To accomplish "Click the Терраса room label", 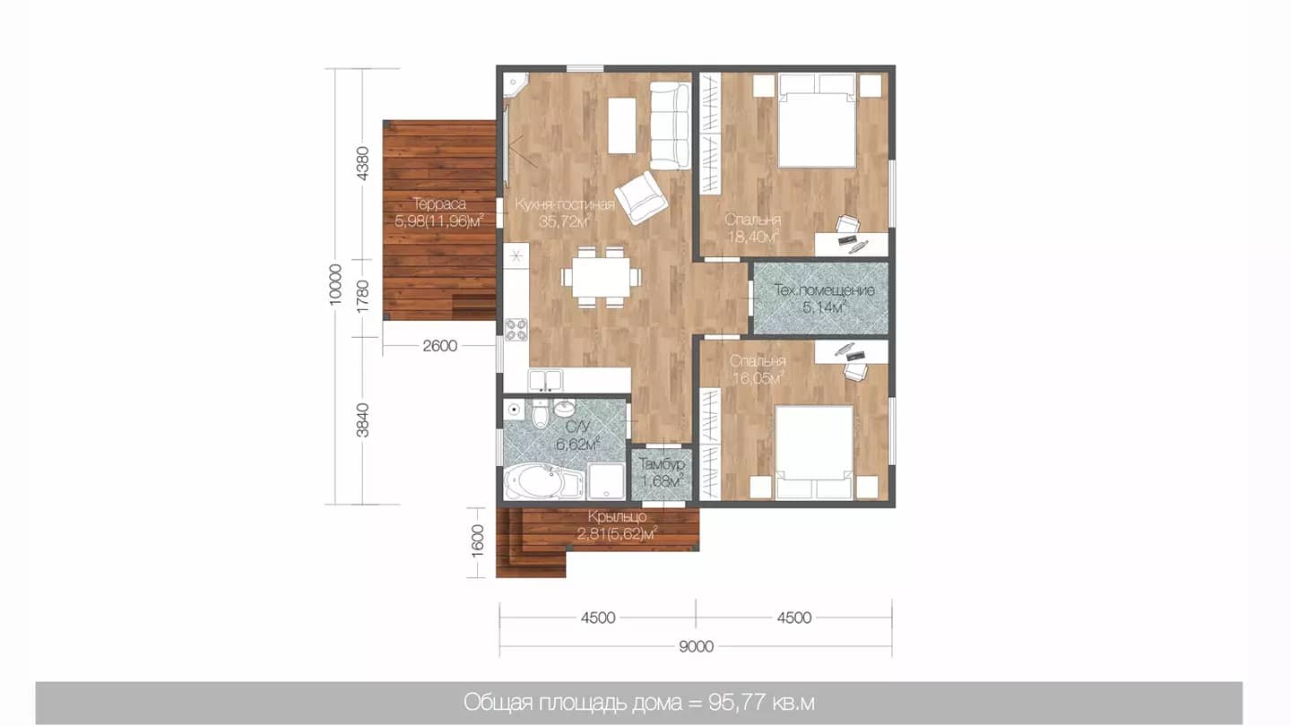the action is [x=439, y=204].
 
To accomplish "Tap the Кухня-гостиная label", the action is [x=565, y=204].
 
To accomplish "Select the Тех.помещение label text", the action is [x=824, y=290].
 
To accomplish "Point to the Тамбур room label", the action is [x=662, y=464].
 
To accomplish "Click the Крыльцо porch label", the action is [x=617, y=517].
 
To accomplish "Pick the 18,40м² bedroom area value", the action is [x=754, y=237].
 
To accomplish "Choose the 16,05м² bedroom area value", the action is [x=758, y=378].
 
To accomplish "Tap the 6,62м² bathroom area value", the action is [x=577, y=445].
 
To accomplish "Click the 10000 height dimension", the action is [x=335, y=283].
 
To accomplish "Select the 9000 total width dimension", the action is [x=696, y=646].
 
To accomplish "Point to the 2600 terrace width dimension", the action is [x=439, y=346].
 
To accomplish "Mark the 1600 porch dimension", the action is [x=478, y=541].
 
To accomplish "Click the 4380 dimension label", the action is [x=362, y=164].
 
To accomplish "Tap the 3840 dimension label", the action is [x=362, y=420].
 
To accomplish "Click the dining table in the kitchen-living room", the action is [x=601, y=277].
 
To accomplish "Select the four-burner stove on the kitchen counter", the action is [x=516, y=330].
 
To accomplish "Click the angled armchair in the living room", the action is [x=641, y=197].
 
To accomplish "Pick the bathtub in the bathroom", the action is [x=541, y=482].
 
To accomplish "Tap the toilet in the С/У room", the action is [x=540, y=414].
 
